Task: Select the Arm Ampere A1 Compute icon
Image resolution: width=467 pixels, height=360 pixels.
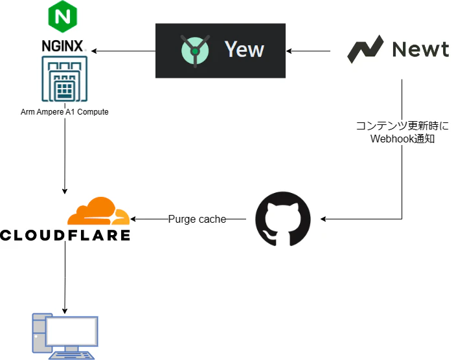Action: (x=64, y=79)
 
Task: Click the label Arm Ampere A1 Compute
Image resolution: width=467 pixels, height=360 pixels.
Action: (x=64, y=112)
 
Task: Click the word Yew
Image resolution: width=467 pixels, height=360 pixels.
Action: (x=244, y=49)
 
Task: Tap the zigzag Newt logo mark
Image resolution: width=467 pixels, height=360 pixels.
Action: (x=365, y=49)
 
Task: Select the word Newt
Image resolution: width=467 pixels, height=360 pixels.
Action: (x=420, y=49)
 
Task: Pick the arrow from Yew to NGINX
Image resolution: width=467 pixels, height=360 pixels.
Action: (x=123, y=51)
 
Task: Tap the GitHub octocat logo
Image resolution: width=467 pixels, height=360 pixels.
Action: (x=283, y=219)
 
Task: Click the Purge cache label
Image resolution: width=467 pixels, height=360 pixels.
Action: (x=197, y=219)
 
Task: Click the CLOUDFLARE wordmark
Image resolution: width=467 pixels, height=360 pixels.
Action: (x=65, y=234)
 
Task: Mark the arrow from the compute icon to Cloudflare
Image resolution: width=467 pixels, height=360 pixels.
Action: (x=65, y=155)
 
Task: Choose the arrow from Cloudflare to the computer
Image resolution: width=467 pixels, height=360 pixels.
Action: (x=65, y=278)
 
